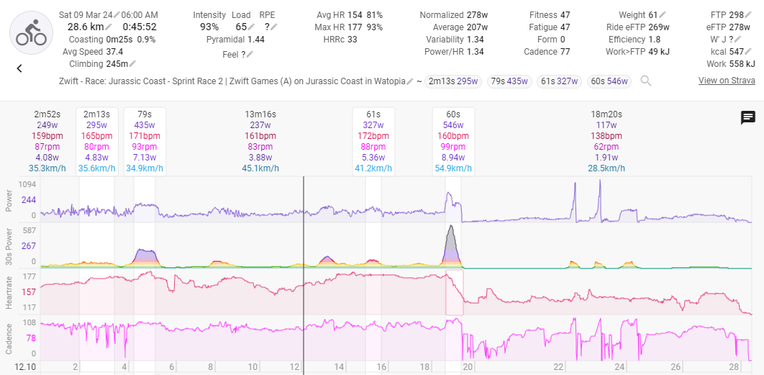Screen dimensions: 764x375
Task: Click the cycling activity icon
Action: tap(31, 32)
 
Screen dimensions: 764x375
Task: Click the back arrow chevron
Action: tap(19, 69)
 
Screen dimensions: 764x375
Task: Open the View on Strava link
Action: tap(727, 81)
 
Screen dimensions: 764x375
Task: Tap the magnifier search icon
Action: tap(645, 81)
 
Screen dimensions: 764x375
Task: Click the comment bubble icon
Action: tap(748, 117)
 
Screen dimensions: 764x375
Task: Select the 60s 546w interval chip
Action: tap(609, 81)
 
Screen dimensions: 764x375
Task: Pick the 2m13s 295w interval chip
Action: tap(453, 81)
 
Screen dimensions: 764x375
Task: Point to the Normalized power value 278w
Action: tap(477, 15)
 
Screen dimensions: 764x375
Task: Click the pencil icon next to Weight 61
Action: tap(663, 15)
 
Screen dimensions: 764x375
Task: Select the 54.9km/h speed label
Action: tap(453, 168)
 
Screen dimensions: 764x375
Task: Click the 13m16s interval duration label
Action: tap(260, 114)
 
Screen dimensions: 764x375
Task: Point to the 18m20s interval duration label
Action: tap(606, 114)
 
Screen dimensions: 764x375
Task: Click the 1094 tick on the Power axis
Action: tap(27, 184)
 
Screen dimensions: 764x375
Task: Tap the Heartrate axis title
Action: tap(9, 292)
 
